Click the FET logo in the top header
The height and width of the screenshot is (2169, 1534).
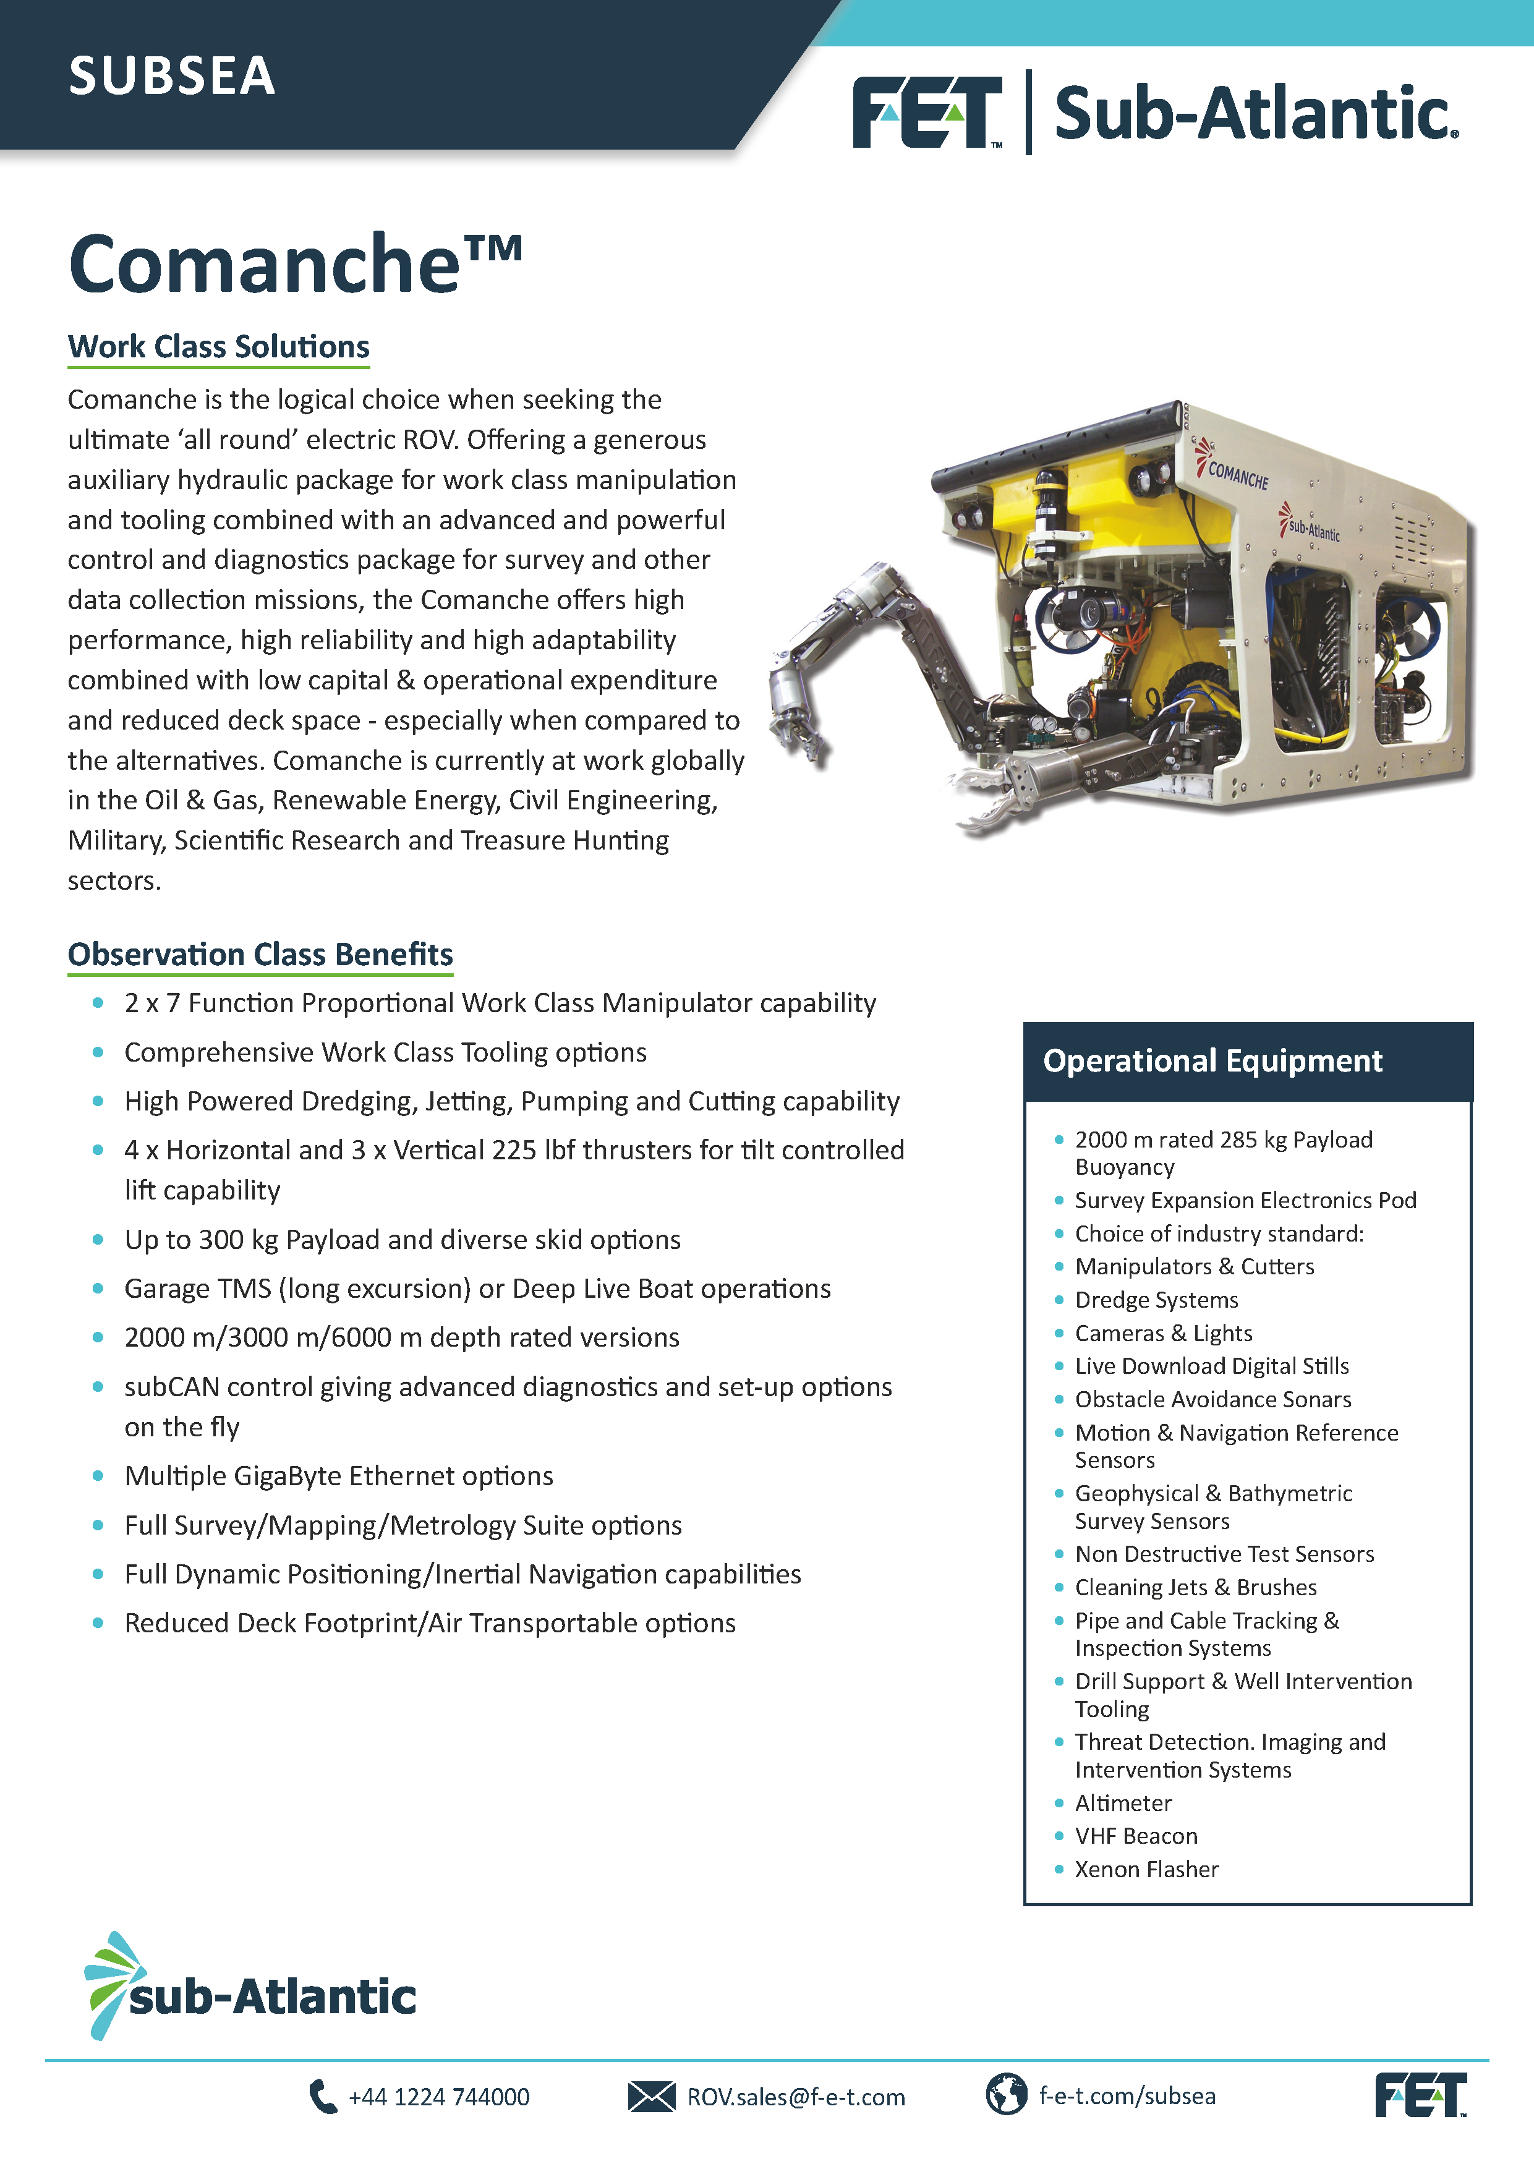coord(926,113)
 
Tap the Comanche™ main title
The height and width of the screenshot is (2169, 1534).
coord(295,263)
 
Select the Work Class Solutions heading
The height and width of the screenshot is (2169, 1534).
coord(218,347)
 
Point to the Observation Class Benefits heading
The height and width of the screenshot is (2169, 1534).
coord(260,954)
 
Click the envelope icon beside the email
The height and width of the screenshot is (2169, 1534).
coord(651,2096)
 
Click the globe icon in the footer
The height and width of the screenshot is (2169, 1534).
coord(1006,2094)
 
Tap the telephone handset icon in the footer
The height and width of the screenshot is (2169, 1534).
coord(322,2095)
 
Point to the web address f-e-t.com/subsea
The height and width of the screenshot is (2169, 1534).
coord(1127,2096)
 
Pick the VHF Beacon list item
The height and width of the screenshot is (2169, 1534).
coord(1135,1836)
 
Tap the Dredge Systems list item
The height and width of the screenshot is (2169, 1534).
coord(1156,1300)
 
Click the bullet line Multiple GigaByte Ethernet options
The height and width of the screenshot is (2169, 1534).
coord(338,1476)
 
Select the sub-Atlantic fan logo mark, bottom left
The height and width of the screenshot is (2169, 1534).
coord(111,1984)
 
